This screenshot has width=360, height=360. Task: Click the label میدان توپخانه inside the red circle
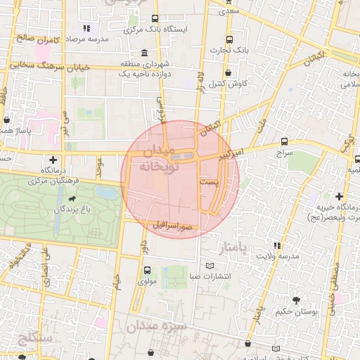click(161, 160)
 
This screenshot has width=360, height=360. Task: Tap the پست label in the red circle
click(209, 181)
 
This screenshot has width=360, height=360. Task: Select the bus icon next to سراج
click(284, 141)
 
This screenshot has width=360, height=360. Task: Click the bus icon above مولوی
click(146, 270)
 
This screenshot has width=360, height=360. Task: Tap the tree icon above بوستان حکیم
click(295, 300)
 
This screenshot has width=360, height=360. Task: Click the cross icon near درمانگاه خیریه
click(340, 196)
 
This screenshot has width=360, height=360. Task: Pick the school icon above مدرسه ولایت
click(276, 245)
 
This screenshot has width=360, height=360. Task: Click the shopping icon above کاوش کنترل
click(229, 73)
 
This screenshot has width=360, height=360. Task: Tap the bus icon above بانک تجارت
click(229, 40)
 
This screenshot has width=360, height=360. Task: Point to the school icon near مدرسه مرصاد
click(86, 28)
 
